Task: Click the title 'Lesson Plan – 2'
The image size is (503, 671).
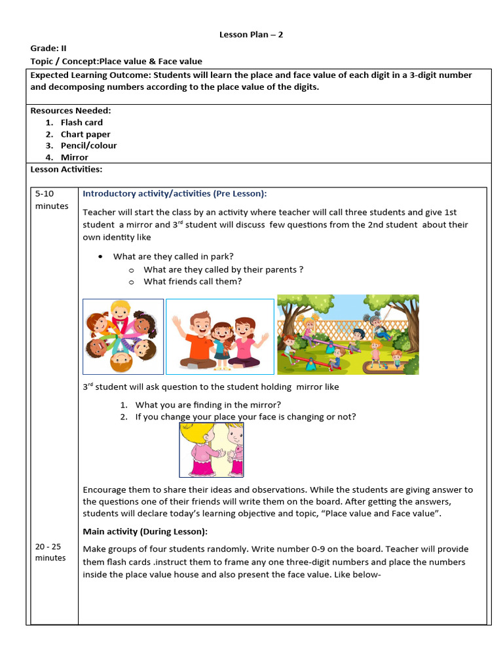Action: click(251, 34)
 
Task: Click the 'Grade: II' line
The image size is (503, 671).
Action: click(48, 48)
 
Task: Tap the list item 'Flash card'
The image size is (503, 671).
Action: click(81, 123)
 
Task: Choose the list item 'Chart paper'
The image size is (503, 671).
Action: click(85, 134)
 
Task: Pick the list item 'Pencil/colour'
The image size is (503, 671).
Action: click(88, 145)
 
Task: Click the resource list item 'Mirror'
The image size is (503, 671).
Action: click(74, 157)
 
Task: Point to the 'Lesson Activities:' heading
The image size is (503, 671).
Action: click(66, 169)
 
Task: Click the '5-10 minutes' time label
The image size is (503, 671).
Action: click(51, 200)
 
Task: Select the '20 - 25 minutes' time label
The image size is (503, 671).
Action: click(50, 552)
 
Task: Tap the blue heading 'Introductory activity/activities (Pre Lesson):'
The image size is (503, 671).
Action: click(175, 193)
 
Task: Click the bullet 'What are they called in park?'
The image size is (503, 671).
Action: click(174, 256)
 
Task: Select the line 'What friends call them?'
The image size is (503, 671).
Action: click(193, 281)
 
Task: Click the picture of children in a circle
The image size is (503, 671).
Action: click(123, 336)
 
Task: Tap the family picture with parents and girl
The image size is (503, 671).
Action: click(219, 336)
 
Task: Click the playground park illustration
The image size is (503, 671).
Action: click(348, 334)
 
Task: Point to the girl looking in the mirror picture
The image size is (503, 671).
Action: click(212, 450)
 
